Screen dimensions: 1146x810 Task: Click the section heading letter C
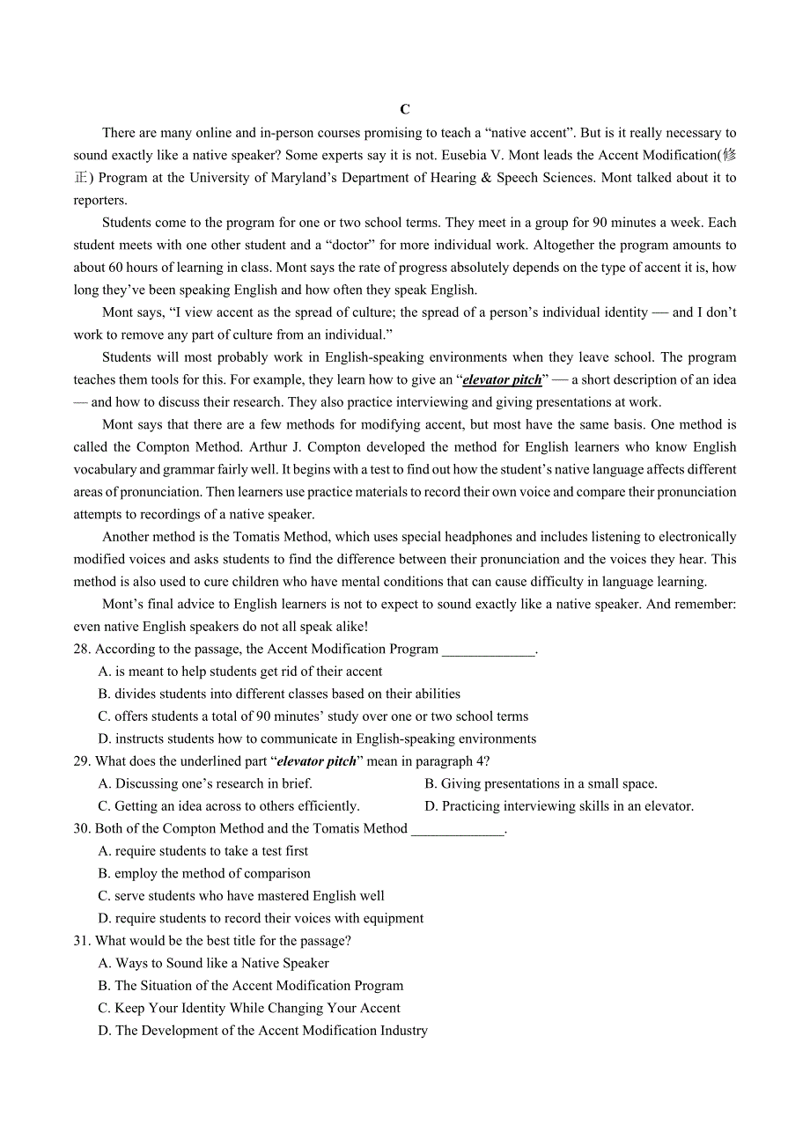[x=405, y=109]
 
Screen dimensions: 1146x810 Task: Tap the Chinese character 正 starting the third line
[x=81, y=178]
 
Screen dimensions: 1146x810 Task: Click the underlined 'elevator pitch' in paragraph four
[x=502, y=380]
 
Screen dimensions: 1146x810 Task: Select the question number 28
[x=82, y=650]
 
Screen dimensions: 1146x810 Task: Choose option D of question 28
[x=317, y=739]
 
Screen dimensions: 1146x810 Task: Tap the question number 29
[x=82, y=761]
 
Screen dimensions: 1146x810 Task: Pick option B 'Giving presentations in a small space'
[x=541, y=784]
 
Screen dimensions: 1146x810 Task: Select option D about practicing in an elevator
[x=559, y=806]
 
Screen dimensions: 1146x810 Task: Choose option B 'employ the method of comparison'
[x=204, y=874]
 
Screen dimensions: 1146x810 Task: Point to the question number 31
[x=82, y=941]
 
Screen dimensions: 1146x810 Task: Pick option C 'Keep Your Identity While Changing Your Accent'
[x=249, y=1009]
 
